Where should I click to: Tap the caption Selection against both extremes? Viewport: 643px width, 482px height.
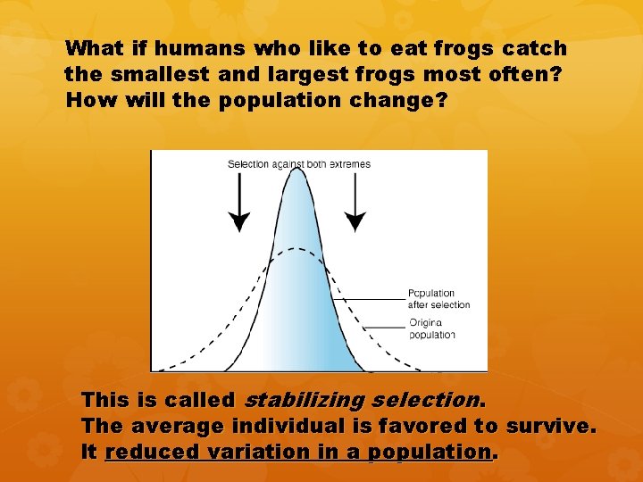point(298,164)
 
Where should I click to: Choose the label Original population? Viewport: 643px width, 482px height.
point(432,328)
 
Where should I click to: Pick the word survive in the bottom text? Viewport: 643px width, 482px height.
point(547,427)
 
